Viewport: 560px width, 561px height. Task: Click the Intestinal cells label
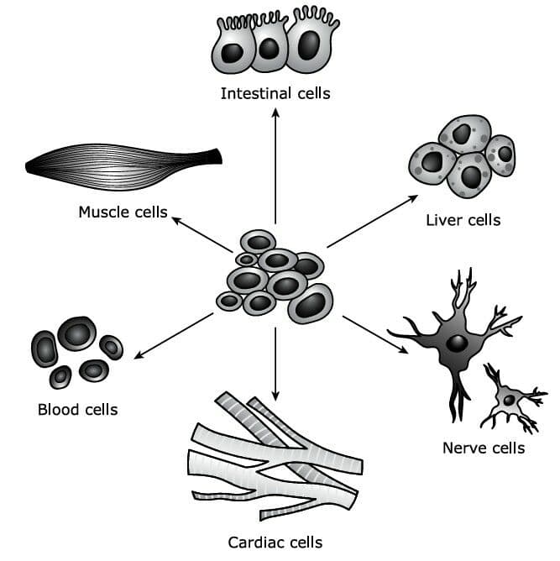pyautogui.click(x=275, y=93)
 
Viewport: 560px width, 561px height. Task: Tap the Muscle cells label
pyautogui.click(x=123, y=212)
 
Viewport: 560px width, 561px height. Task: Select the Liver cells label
pyautogui.click(x=463, y=220)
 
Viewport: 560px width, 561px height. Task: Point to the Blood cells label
pyautogui.click(x=78, y=410)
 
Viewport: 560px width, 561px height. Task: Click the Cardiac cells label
pyautogui.click(x=275, y=543)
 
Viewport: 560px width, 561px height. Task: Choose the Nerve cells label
pyautogui.click(x=484, y=448)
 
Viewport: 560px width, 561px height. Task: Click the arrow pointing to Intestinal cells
pyautogui.click(x=275, y=166)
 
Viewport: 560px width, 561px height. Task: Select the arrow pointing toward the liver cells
pyautogui.click(x=372, y=221)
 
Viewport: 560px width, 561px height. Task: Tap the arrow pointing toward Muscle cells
pyautogui.click(x=202, y=234)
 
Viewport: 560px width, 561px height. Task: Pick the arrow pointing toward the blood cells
pyautogui.click(x=174, y=336)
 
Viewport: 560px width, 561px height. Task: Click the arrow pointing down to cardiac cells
pyautogui.click(x=275, y=364)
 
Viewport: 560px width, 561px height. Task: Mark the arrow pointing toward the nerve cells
pyautogui.click(x=375, y=334)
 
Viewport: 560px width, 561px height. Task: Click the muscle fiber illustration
pyautogui.click(x=123, y=167)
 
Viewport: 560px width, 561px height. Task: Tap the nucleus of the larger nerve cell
pyautogui.click(x=457, y=343)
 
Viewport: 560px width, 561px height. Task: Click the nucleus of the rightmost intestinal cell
pyautogui.click(x=309, y=45)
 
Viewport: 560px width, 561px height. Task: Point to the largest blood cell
pyautogui.click(x=77, y=333)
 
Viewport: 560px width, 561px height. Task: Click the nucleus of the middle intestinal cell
pyautogui.click(x=269, y=49)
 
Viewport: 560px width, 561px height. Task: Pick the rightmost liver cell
pyautogui.click(x=500, y=155)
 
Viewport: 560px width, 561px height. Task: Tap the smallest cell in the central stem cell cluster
pyautogui.click(x=246, y=260)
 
